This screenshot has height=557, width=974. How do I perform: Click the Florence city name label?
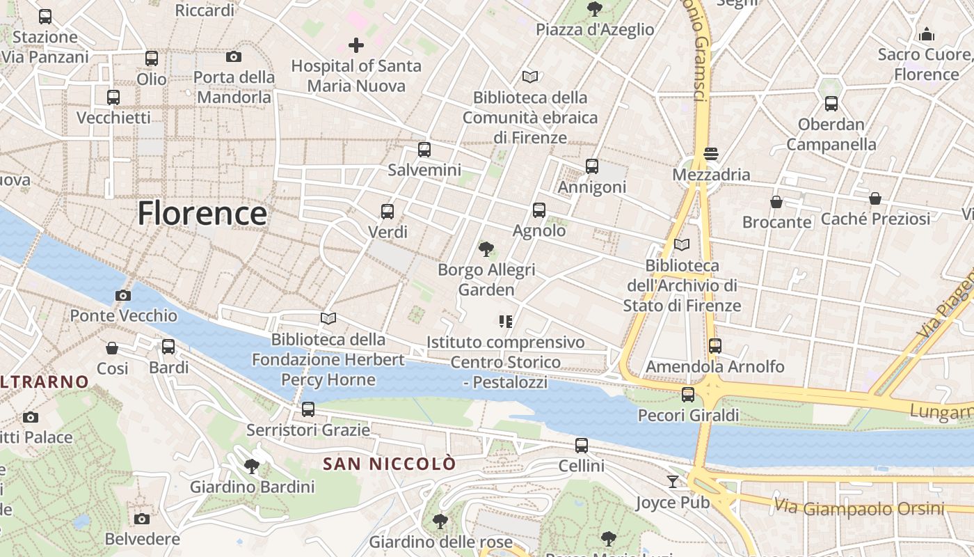[x=202, y=213]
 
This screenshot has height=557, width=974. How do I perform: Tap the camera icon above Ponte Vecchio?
[x=123, y=295]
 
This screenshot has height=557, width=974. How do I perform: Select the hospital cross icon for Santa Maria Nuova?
[x=356, y=46]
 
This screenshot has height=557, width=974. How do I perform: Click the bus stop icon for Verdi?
[x=388, y=211]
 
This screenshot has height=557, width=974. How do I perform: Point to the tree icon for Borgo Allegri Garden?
[x=486, y=249]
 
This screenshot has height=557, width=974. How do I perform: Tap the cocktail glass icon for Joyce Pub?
[x=672, y=481]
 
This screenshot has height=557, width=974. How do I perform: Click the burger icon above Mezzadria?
[x=710, y=154]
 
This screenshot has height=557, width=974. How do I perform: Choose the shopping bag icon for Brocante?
[x=776, y=202]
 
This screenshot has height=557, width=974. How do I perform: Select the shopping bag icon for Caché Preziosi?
[x=875, y=198]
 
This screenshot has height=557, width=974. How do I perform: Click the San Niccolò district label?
[x=390, y=464]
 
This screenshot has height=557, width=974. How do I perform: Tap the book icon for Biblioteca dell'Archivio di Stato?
[x=682, y=244]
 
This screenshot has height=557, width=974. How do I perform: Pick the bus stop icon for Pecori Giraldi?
[x=688, y=395]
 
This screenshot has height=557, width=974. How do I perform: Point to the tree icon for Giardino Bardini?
[x=252, y=466]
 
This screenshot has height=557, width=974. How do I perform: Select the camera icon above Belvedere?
[x=142, y=519]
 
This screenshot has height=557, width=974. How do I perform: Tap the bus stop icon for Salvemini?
[x=424, y=149]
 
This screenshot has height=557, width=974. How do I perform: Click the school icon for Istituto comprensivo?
[x=506, y=321]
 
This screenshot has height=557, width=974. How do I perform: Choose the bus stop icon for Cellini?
[x=582, y=445]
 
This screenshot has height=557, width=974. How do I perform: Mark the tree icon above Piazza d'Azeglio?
[x=594, y=8]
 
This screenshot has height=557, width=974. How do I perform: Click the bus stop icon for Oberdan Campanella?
[x=831, y=104]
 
